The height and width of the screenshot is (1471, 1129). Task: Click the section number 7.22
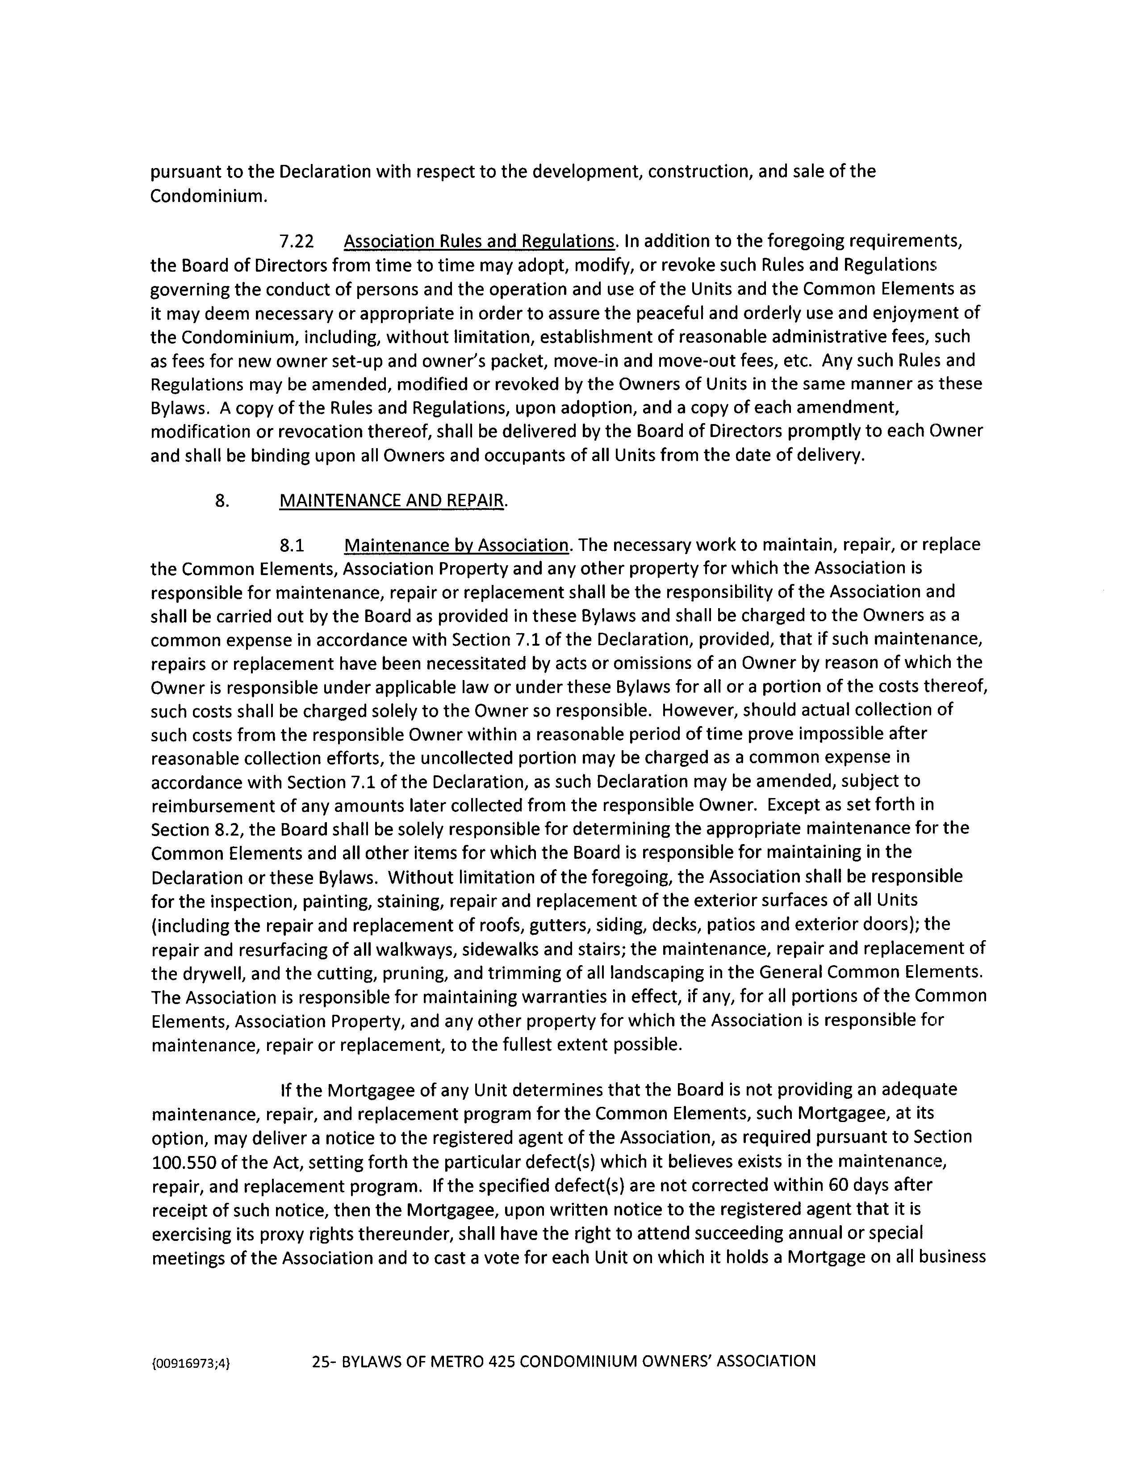[x=297, y=241]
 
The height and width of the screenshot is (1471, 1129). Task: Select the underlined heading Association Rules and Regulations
[x=479, y=241]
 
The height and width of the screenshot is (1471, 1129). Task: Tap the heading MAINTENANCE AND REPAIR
[x=392, y=501]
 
